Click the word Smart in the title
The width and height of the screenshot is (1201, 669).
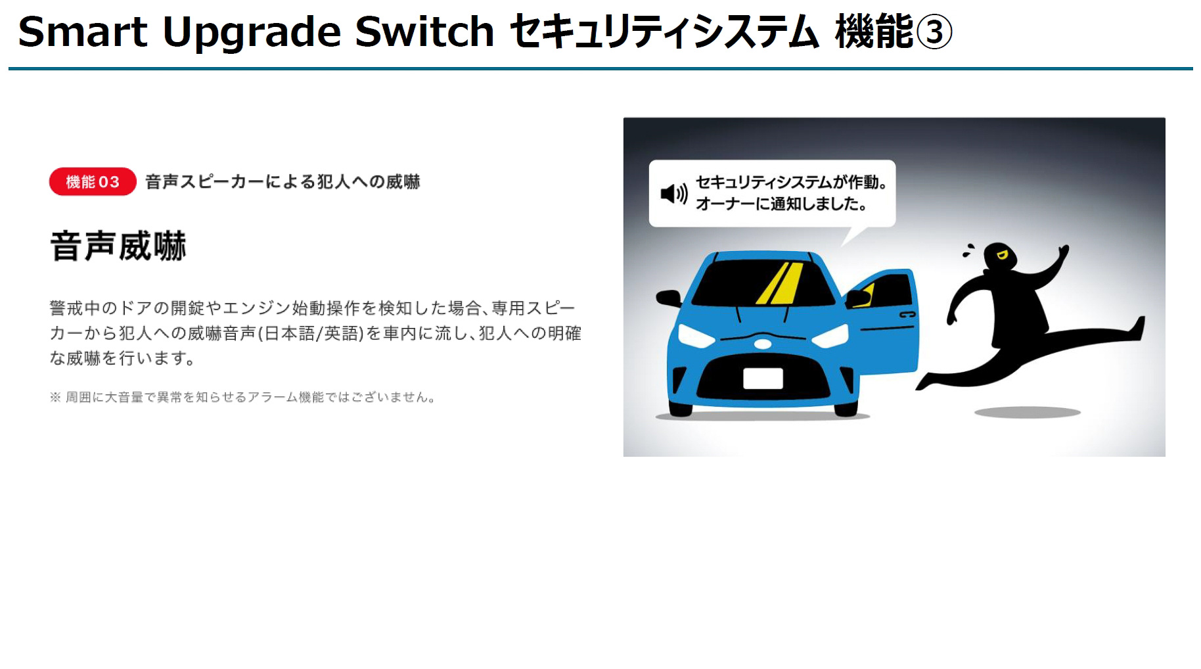83,32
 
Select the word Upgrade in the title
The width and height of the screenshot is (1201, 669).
252,33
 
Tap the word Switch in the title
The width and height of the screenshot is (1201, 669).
424,32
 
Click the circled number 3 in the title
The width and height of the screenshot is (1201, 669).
934,33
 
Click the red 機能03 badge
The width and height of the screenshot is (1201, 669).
93,182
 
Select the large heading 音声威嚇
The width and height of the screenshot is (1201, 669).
118,246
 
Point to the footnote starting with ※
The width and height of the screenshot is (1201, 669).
242,398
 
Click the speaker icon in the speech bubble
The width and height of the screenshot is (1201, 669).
673,194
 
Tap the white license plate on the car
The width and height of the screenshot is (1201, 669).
763,379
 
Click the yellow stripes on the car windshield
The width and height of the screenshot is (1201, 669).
780,283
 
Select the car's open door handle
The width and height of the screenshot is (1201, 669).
907,315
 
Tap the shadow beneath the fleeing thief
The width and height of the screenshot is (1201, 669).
1027,413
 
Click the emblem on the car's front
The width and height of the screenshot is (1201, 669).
763,343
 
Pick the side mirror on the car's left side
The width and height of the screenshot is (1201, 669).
668,298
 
